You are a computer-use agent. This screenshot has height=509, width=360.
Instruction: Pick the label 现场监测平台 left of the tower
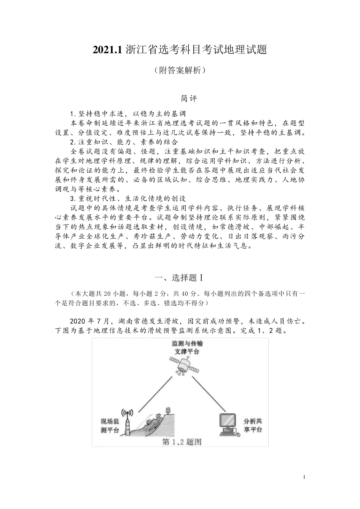click(110, 425)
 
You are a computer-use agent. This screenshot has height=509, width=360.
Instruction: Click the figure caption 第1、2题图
click(182, 442)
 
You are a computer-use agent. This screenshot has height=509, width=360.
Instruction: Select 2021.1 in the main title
click(107, 50)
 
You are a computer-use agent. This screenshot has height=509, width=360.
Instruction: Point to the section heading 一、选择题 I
click(180, 278)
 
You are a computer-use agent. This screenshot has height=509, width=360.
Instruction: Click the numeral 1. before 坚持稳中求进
click(74, 114)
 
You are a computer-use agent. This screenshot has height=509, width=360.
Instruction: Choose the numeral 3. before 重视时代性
click(74, 198)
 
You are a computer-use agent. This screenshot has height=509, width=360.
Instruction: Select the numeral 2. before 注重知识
click(74, 142)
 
